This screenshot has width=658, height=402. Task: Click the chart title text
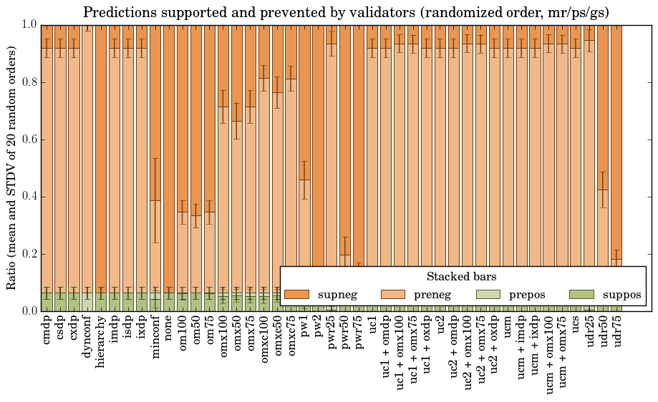click(346, 12)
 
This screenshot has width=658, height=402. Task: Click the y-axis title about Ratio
click(11, 167)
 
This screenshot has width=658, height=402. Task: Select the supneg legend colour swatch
click(296, 294)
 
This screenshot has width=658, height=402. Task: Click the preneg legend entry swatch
click(392, 294)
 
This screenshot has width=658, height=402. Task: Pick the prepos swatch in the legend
click(488, 294)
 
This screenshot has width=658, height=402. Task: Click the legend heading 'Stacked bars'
click(462, 276)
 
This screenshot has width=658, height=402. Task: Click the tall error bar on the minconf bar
click(155, 200)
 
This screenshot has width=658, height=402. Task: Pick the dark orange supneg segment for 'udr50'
click(604, 107)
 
